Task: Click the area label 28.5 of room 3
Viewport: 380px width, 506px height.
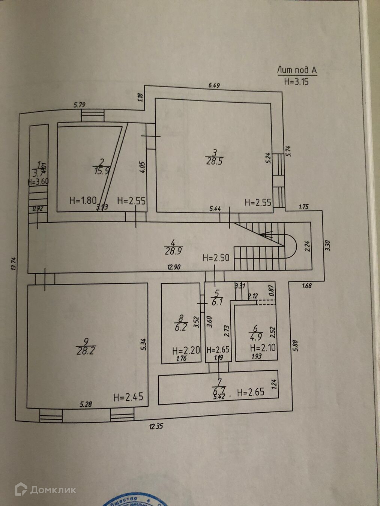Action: (x=214, y=162)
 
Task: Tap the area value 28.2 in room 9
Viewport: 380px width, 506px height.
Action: (x=86, y=351)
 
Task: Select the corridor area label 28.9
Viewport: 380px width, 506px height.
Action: (x=173, y=251)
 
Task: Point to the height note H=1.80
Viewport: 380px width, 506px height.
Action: (x=83, y=201)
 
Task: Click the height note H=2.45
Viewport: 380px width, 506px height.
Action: (x=128, y=397)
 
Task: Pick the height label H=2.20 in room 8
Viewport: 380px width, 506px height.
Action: (x=186, y=351)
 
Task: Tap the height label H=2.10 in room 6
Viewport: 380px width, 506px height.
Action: (x=263, y=348)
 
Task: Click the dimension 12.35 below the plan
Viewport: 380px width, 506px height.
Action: (x=156, y=426)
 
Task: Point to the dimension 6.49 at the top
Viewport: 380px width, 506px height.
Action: (x=214, y=85)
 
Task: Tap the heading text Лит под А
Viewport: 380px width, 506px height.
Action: (x=297, y=70)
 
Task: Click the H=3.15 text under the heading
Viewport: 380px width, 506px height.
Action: (x=296, y=81)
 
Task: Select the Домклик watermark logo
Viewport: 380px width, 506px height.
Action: (x=45, y=490)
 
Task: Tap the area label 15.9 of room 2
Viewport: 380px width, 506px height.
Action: (x=101, y=171)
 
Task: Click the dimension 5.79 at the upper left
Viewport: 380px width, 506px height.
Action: (x=80, y=105)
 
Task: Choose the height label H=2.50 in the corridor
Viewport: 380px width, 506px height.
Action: (x=216, y=258)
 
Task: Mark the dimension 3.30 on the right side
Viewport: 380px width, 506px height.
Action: (x=327, y=245)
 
